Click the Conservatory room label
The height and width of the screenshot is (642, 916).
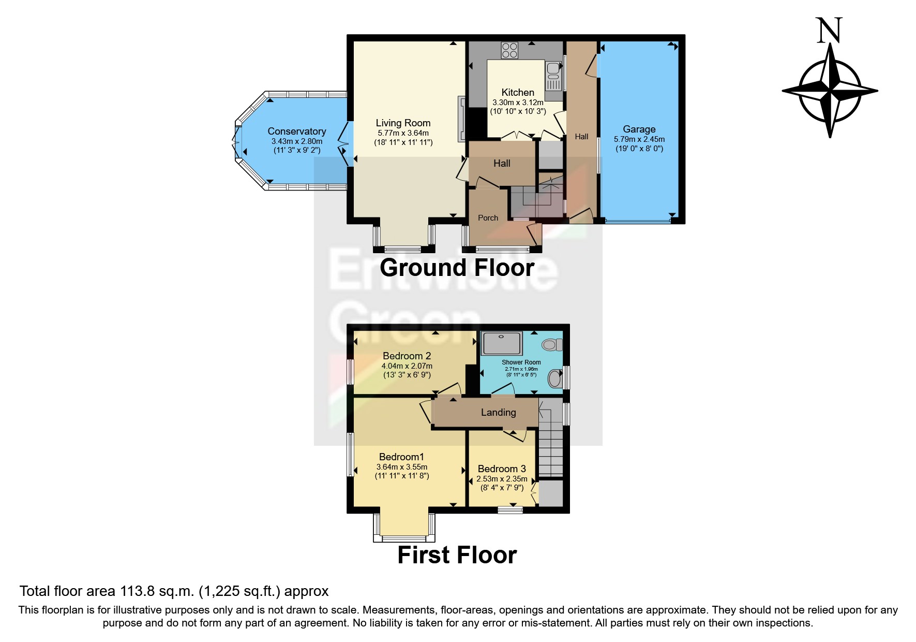[x=296, y=132]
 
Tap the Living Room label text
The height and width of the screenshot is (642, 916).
[x=403, y=123]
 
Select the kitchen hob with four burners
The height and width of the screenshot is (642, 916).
[x=509, y=50]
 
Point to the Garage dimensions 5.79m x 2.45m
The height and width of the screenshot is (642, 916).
[x=639, y=139]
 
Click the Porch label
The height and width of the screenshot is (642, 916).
[x=488, y=218]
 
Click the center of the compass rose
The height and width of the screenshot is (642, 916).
[x=830, y=91]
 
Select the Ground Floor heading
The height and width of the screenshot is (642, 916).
[x=457, y=268]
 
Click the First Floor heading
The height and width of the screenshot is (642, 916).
[x=457, y=555]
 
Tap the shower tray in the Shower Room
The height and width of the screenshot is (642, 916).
[x=502, y=343]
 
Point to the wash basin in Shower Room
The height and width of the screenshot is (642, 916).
[x=555, y=378]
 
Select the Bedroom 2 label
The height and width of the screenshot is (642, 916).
[x=407, y=356]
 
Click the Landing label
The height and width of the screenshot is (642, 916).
[x=498, y=413]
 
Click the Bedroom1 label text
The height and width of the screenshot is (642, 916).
[x=401, y=457]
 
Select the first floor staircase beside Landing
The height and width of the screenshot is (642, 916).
[x=550, y=450]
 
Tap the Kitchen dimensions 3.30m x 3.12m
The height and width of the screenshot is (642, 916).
[x=518, y=103]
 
